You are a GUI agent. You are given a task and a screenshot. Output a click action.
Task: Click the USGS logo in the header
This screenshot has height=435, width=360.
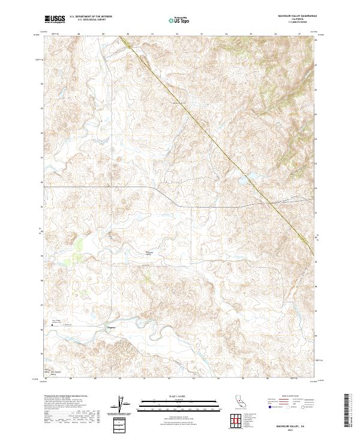pos(55,19)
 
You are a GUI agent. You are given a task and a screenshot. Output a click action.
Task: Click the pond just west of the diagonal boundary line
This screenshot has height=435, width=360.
pos(248,177)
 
